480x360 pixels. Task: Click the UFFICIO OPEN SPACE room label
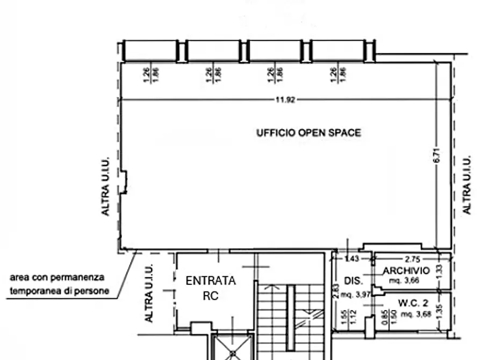coord(309,133)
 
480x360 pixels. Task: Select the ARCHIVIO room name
coord(406,271)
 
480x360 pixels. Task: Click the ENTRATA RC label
coord(210,287)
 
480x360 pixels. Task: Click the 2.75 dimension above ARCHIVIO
coord(412,259)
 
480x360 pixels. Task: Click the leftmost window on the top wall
coord(150,51)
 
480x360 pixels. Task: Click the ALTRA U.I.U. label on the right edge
coord(467,186)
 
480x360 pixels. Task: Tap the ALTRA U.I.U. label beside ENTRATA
coord(149,293)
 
